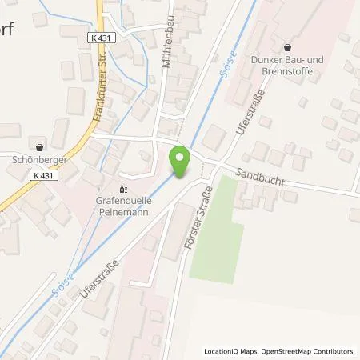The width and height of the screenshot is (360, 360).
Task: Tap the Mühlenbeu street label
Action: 169,58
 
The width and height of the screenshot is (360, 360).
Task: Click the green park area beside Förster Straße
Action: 217,229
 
